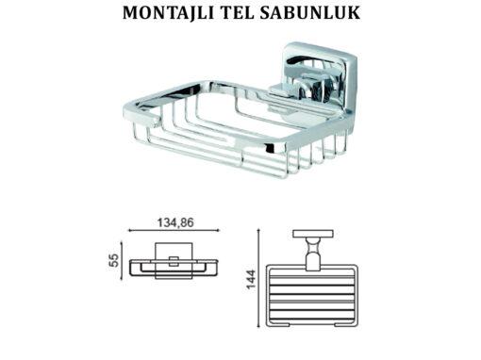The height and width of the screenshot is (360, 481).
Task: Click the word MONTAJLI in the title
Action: (168, 13)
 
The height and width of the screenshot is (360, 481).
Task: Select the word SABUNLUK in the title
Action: (310, 13)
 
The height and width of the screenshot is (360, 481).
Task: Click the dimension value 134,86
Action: (175, 222)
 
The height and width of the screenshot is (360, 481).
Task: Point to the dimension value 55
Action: (114, 260)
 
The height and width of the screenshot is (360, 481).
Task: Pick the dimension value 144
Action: (251, 279)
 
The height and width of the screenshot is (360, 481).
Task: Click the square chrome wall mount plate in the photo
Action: (320, 78)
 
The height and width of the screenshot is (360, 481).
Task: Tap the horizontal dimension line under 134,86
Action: (174, 231)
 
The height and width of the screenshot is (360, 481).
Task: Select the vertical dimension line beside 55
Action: (122, 261)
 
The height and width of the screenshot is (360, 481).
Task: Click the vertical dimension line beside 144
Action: (258, 278)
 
